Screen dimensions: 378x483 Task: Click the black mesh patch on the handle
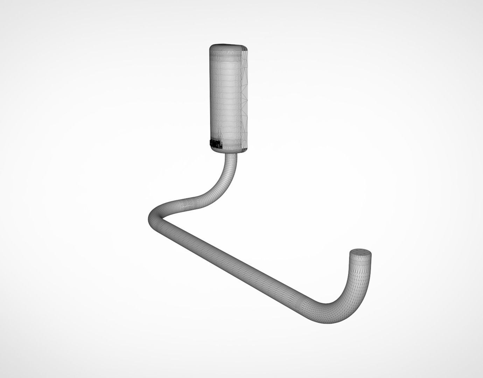pos(216,143)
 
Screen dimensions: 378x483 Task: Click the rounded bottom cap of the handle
pos(230,150)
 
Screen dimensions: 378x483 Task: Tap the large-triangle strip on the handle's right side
pos(245,98)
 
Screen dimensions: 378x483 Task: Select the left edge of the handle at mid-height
pos(210,98)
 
